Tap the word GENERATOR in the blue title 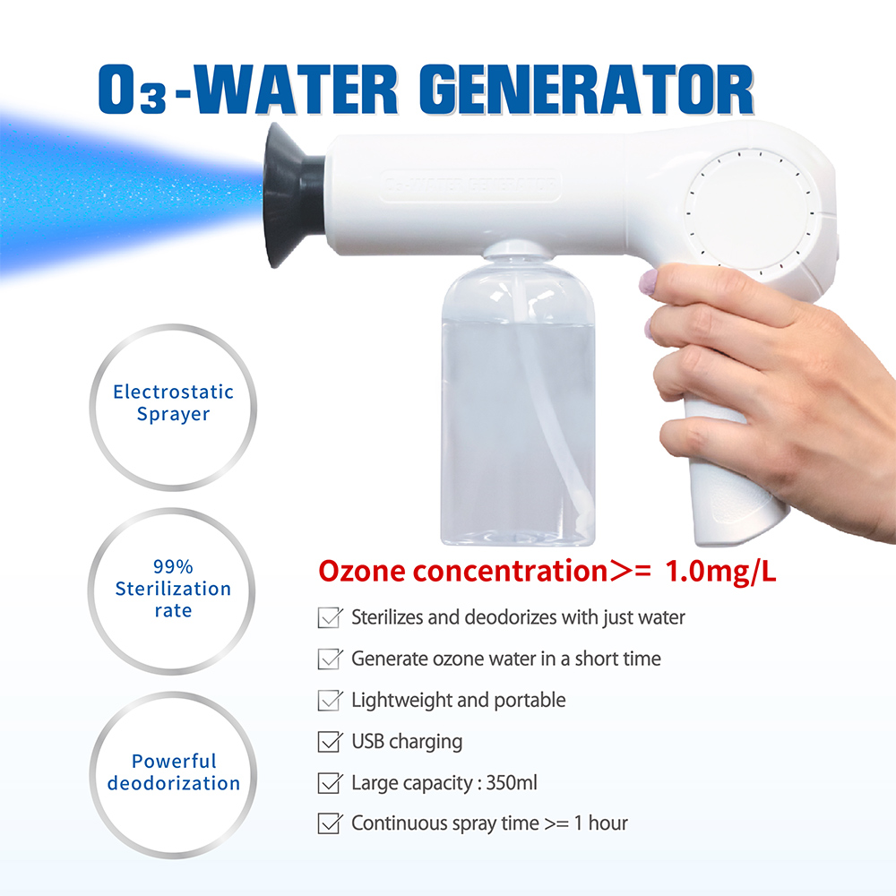coord(587,89)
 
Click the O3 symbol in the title coord(134,90)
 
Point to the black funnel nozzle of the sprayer coord(294,194)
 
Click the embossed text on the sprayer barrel coord(470,185)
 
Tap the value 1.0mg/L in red coord(720,572)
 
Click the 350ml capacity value coord(512,782)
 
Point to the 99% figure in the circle coord(173,567)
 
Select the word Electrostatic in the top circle coord(173,392)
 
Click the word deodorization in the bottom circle coord(174,783)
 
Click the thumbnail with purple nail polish coord(648,282)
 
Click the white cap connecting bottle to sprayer coord(517,250)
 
